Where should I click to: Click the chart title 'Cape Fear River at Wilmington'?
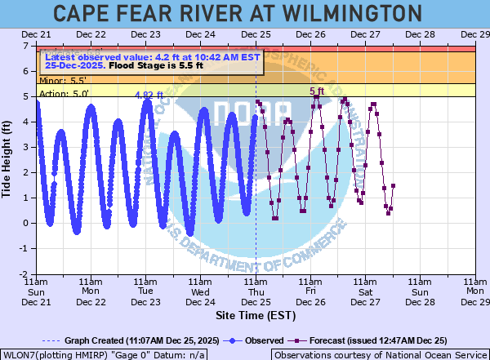(244, 14)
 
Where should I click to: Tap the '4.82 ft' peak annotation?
(149, 95)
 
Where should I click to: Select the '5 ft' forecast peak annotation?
(317, 91)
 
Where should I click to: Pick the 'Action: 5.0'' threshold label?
(64, 94)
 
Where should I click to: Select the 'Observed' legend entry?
(255, 340)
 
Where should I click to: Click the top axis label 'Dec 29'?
(474, 34)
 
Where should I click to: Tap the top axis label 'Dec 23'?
(145, 34)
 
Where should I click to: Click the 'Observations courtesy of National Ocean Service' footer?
(380, 355)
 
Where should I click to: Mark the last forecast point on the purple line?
(393, 185)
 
